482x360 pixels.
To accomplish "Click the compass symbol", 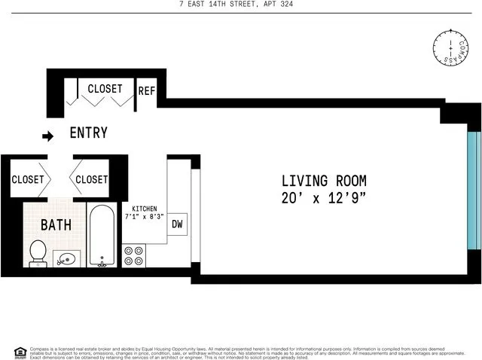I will click(450, 47).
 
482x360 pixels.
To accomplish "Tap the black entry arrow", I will click(48, 136).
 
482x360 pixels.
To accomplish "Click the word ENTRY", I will click(88, 133).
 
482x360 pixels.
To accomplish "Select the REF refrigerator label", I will click(146, 91).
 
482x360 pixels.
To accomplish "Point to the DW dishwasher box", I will click(178, 224).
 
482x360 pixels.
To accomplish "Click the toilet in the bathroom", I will click(38, 253).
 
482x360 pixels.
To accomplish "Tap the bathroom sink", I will click(67, 259).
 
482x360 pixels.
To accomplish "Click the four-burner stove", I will click(133, 256).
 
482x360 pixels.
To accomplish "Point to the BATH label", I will click(56, 224).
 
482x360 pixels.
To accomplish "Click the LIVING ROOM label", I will click(324, 181).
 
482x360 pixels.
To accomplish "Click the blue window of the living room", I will click(473, 191).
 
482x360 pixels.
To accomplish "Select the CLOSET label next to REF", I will click(105, 89).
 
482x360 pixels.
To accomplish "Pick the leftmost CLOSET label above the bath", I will click(28, 179).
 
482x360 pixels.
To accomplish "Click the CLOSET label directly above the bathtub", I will click(92, 179).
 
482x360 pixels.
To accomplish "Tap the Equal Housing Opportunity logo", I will click(20, 352).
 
